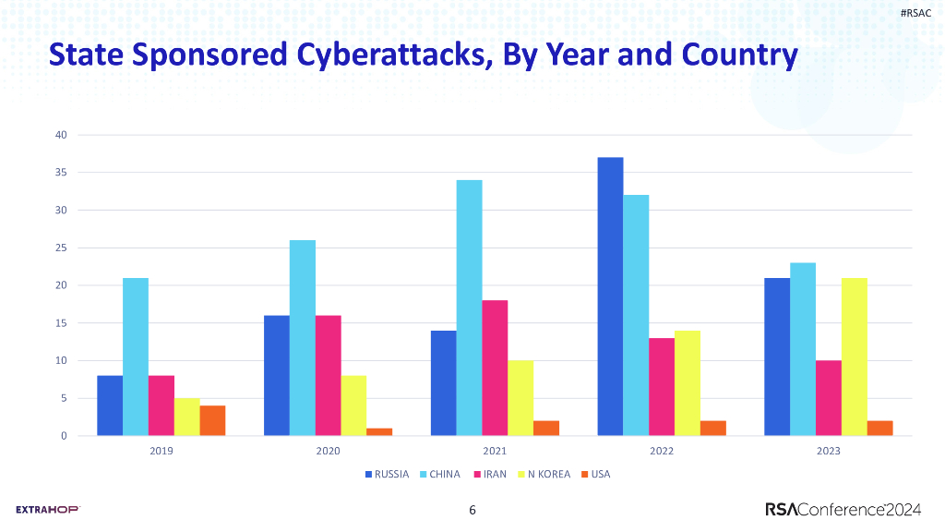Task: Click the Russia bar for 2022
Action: click(x=610, y=296)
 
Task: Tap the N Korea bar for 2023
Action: click(x=854, y=357)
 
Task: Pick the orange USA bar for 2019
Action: click(x=212, y=420)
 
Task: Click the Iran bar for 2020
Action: click(x=328, y=375)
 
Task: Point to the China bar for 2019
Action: click(x=136, y=357)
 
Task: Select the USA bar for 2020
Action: click(x=379, y=431)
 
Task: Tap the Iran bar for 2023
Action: click(x=828, y=398)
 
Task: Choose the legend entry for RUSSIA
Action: click(x=387, y=475)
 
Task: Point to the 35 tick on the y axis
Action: click(x=61, y=173)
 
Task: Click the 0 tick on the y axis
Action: click(x=64, y=436)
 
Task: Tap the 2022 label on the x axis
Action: click(x=661, y=452)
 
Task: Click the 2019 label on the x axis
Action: click(x=161, y=452)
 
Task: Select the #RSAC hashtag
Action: click(x=914, y=12)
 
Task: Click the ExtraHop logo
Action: click(x=48, y=509)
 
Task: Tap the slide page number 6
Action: click(x=472, y=510)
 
